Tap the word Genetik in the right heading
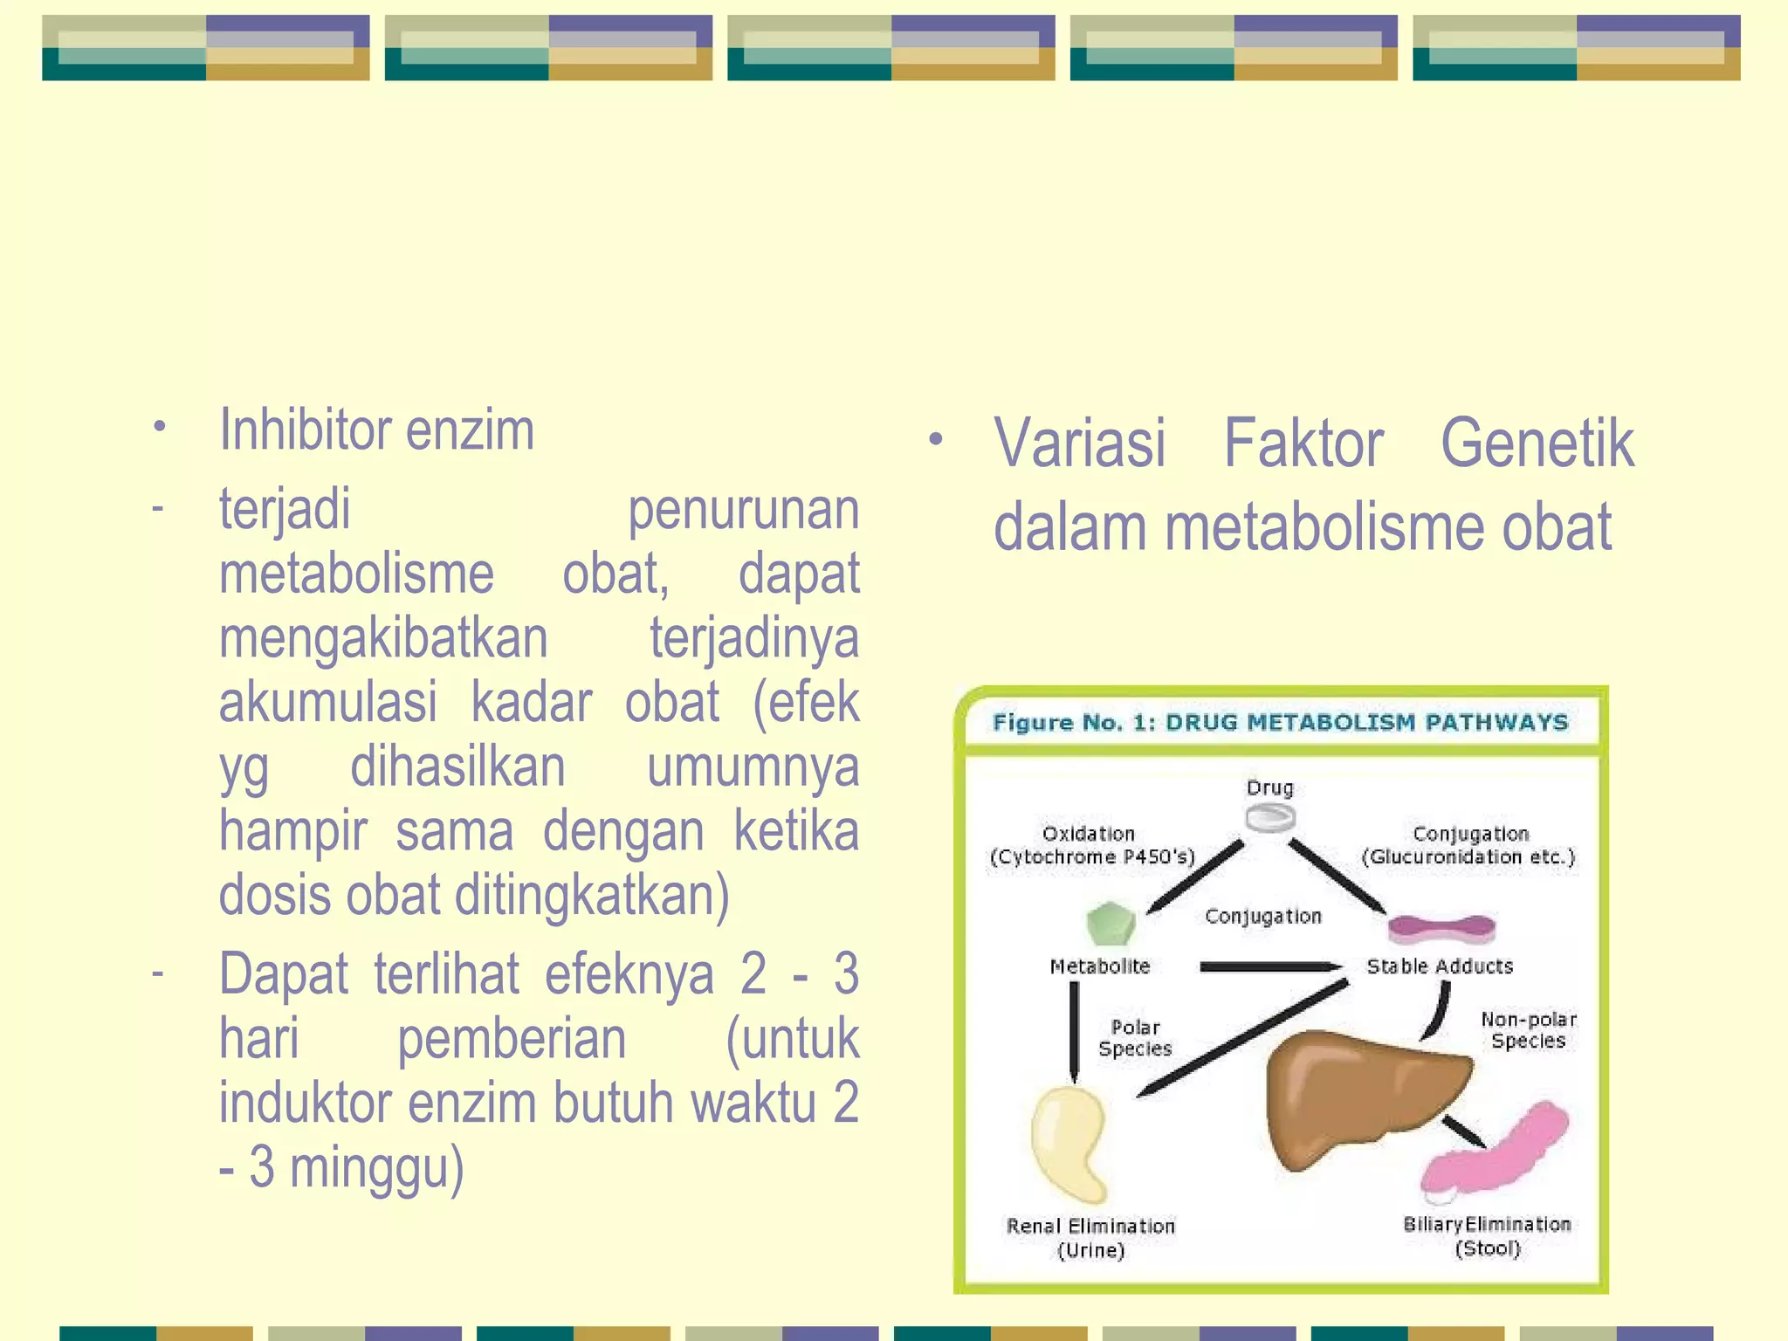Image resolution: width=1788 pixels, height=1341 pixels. (1537, 444)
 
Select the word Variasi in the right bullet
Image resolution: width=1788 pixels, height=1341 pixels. (1080, 444)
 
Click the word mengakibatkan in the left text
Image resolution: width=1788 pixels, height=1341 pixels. (382, 639)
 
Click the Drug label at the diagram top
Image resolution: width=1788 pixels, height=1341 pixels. (1269, 788)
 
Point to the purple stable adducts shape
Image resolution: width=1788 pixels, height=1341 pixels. (1441, 929)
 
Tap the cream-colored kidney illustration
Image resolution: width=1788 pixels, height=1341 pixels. (1068, 1142)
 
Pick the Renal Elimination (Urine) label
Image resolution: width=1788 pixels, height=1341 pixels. (1090, 1238)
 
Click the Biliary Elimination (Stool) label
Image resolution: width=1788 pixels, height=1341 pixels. (1487, 1236)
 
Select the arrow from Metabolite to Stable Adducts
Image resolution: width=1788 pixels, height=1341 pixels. (1270, 966)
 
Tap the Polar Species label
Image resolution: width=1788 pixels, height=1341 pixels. (1135, 1038)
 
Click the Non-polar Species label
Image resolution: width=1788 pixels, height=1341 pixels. (1528, 1030)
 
